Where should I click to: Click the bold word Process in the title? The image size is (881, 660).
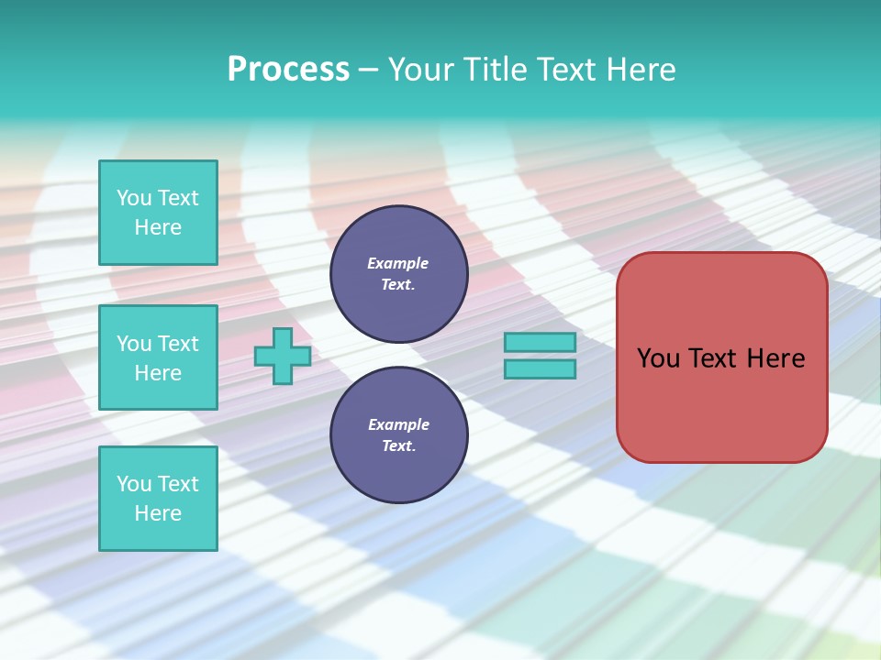click(x=288, y=70)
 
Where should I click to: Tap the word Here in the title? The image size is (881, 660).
click(x=641, y=70)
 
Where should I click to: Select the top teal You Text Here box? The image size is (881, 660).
click(x=158, y=213)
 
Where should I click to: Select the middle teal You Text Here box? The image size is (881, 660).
click(x=158, y=357)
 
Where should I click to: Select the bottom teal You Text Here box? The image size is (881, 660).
click(x=158, y=499)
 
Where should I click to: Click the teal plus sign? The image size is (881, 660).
click(x=283, y=356)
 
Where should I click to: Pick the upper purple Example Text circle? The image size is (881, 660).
click(x=399, y=274)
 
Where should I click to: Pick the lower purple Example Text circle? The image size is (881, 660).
click(x=399, y=435)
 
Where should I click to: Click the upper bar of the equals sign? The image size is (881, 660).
click(x=540, y=342)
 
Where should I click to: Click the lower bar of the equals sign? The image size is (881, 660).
click(x=540, y=368)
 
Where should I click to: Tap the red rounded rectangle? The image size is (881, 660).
click(x=721, y=403)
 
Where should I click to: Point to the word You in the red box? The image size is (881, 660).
click(x=658, y=358)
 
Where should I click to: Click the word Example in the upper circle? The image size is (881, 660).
click(x=398, y=263)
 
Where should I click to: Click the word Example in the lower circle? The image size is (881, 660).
click(x=398, y=424)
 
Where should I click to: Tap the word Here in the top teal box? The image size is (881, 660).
click(x=158, y=227)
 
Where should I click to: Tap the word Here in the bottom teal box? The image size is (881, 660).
click(x=158, y=513)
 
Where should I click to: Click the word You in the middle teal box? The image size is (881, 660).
click(x=133, y=344)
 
